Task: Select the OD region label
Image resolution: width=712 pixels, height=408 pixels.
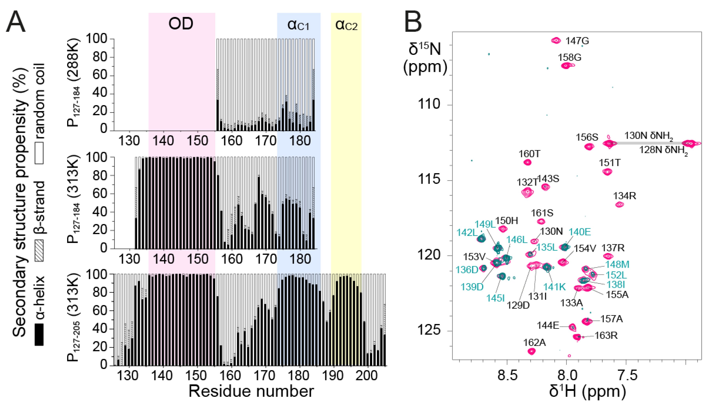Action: point(181,24)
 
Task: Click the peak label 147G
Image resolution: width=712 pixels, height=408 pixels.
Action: point(577,41)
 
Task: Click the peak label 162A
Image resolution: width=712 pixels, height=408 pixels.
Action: point(534,342)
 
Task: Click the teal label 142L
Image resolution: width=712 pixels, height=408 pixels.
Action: point(467,232)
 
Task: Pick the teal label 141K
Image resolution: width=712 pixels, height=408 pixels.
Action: point(554,287)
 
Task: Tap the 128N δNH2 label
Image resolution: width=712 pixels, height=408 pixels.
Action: point(663,150)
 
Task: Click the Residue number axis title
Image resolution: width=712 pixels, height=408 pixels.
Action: point(251,391)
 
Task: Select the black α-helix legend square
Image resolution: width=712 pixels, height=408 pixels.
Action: point(39,335)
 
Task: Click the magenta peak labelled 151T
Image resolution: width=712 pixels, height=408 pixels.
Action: point(607,172)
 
